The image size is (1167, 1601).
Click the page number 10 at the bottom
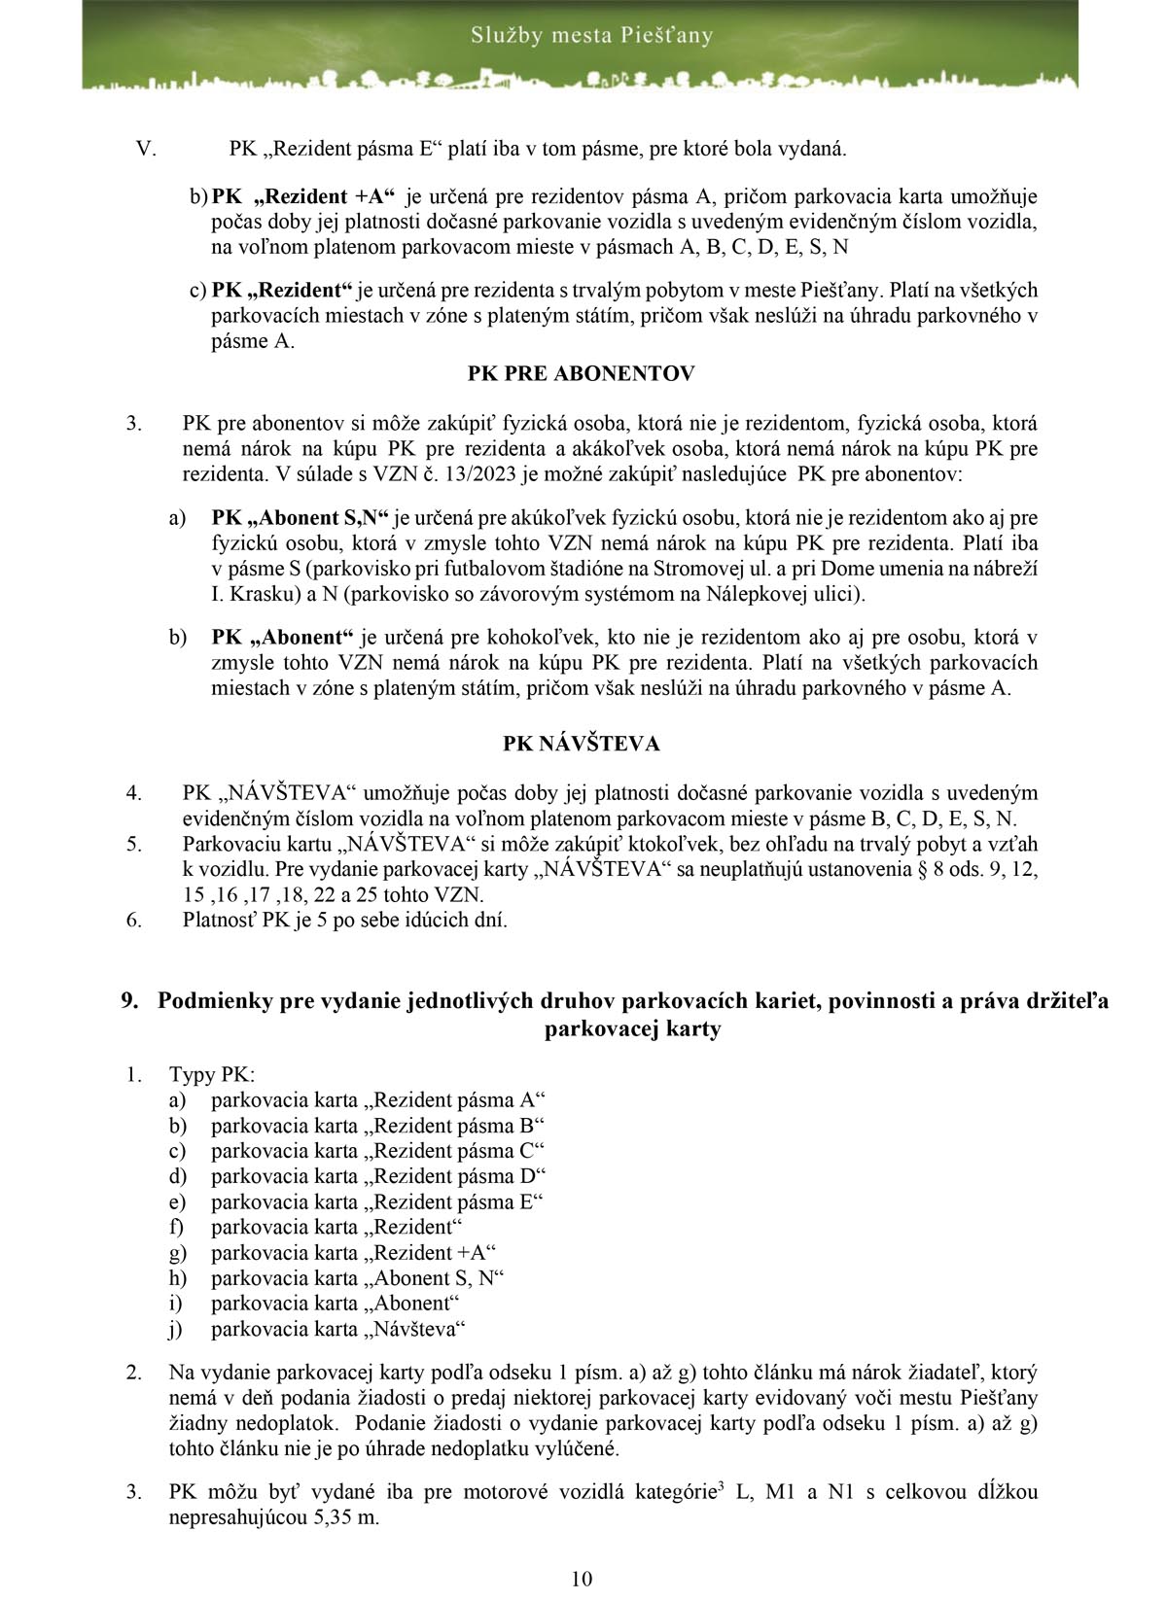click(582, 1578)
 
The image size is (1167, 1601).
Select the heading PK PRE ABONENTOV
click(581, 373)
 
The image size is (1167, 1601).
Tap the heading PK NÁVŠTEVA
click(581, 744)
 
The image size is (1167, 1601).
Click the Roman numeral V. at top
click(146, 149)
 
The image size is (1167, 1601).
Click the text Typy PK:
click(212, 1075)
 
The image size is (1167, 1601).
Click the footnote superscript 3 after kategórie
click(719, 1486)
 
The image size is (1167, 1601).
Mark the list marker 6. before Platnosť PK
click(135, 919)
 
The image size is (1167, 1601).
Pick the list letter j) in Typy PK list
click(177, 1329)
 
